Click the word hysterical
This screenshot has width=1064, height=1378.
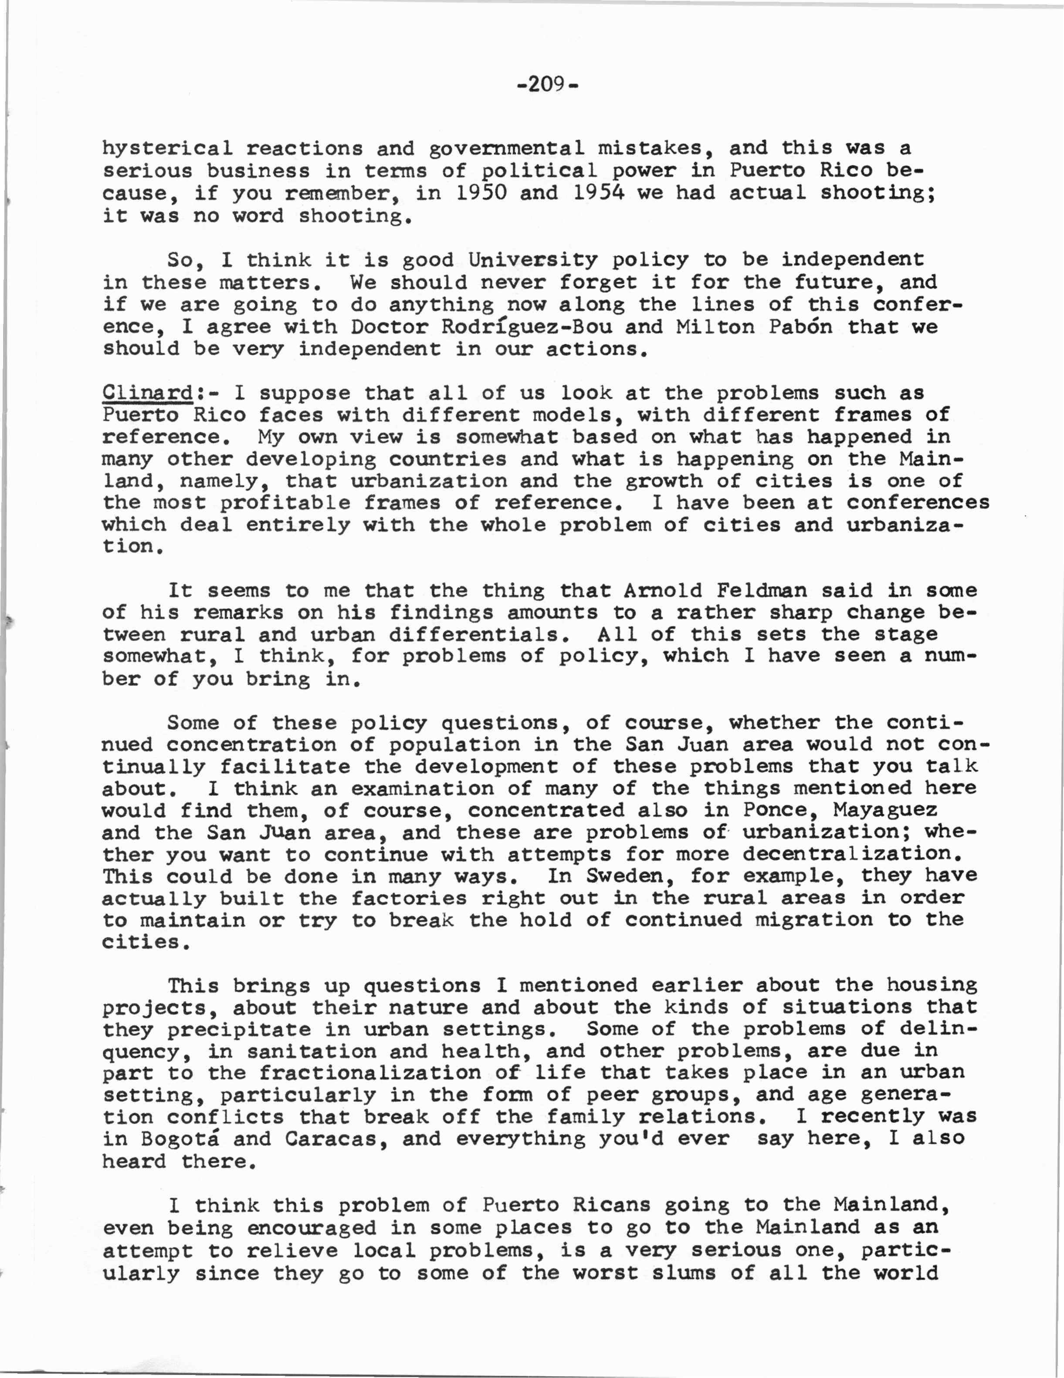pos(167,149)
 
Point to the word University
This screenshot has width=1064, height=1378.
pos(532,260)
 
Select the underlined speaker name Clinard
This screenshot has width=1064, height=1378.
pos(147,393)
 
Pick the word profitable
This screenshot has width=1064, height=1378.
pos(285,503)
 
